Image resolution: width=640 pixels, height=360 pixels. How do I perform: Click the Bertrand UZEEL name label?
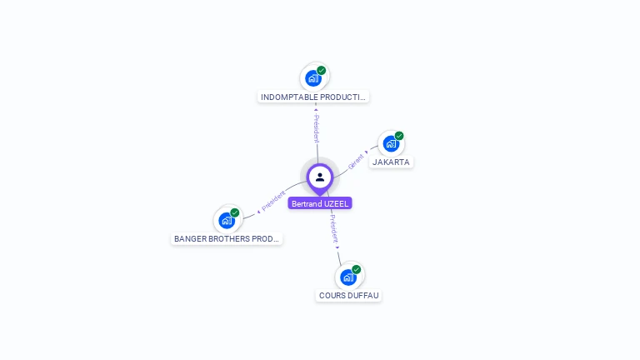point(320,203)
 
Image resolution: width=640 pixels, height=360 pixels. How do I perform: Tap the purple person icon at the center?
point(320,177)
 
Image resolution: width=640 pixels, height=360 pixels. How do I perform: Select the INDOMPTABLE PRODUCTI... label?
point(313,97)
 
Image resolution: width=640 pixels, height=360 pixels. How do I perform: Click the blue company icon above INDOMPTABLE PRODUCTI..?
point(312,78)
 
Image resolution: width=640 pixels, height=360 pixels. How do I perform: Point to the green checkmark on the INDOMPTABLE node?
point(322,71)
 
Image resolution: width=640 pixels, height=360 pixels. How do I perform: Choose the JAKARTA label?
point(391,162)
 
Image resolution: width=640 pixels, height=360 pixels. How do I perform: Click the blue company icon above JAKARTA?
point(390,143)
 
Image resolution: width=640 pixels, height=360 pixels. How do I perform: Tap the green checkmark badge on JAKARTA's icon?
point(399,136)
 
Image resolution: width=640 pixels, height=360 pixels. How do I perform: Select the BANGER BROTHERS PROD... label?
point(227,239)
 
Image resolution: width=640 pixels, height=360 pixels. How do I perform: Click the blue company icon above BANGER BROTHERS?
point(226,220)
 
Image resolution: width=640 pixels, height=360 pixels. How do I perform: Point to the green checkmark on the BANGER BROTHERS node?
point(235,212)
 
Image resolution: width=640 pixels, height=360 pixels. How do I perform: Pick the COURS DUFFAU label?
point(348,296)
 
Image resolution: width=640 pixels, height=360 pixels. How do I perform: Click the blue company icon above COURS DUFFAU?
point(347,277)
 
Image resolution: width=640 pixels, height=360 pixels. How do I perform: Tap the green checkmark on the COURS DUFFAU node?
point(357,269)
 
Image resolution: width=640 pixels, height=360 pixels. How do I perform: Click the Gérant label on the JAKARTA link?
point(357,161)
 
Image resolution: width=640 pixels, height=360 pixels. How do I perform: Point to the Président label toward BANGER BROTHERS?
point(272,201)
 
